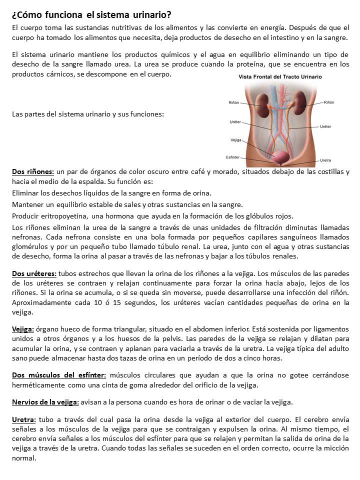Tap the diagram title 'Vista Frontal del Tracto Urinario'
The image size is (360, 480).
[280, 77]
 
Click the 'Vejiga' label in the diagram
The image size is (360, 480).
[236, 140]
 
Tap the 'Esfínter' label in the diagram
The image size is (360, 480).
[232, 156]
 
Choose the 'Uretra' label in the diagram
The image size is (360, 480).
[325, 160]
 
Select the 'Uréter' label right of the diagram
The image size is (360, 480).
[324, 127]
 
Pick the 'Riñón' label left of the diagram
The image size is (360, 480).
[233, 102]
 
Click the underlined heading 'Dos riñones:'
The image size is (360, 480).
[33, 172]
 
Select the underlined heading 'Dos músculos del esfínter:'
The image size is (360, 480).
[59, 375]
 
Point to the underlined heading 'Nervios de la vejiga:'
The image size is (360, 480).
[45, 402]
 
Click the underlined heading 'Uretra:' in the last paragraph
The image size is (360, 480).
[23, 419]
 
